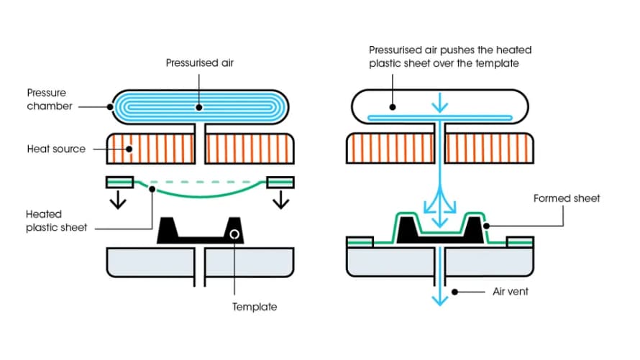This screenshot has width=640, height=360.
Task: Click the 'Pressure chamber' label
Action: tap(47, 100)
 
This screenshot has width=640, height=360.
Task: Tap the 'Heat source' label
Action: tap(56, 149)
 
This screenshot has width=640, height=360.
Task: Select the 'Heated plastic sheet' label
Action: tap(56, 221)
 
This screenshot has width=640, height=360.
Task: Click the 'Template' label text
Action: tap(254, 307)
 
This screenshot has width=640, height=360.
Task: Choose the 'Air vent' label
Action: tap(510, 292)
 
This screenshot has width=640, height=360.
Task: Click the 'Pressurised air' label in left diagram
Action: tap(199, 63)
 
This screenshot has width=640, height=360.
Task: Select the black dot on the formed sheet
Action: tap(487, 226)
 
